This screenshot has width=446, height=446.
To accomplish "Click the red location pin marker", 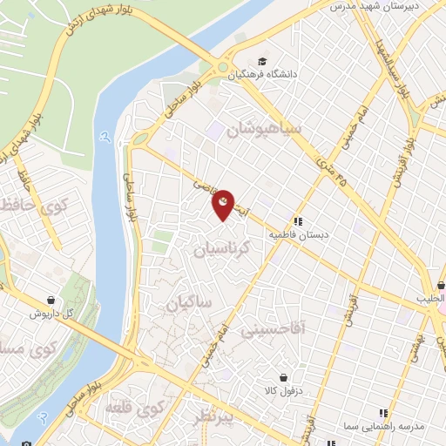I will pos(224,205).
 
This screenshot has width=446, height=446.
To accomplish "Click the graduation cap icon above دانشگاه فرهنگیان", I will pos(261,62).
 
